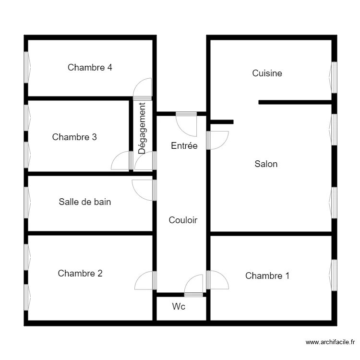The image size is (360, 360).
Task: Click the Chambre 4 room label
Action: [90, 68]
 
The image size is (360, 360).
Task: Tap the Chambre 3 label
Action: [74, 137]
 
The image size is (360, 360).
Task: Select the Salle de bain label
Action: [84, 202]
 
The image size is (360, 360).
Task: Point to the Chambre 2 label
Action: [80, 274]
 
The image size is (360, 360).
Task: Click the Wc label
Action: [179, 307]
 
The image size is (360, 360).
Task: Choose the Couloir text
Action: [183, 220]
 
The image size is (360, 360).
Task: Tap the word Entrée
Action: [184, 146]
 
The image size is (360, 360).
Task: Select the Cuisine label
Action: [267, 73]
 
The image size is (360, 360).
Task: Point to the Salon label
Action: [266, 164]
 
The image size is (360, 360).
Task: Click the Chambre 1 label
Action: [267, 276]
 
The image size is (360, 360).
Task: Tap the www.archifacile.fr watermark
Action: [330, 342]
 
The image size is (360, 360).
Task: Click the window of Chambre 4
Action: [26, 67]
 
